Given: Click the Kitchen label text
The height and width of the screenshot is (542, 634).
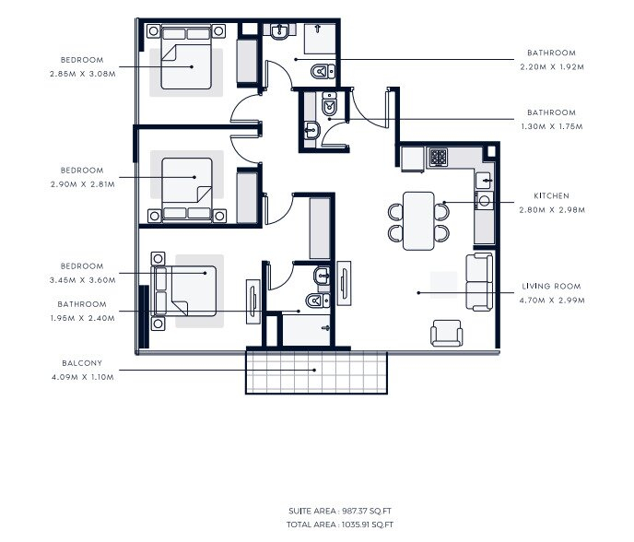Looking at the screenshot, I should click(x=551, y=196).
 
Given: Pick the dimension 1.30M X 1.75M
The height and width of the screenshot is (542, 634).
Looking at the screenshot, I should click(x=551, y=125).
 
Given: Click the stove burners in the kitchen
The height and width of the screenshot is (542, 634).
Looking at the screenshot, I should click(x=438, y=156).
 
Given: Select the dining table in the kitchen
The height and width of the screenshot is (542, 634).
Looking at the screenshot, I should click(x=418, y=219).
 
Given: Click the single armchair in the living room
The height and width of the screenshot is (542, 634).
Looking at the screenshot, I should click(x=447, y=333).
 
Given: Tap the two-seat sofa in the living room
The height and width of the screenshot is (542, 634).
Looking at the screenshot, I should click(x=478, y=282).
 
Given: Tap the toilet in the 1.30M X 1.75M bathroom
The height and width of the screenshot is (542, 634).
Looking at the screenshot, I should click(x=329, y=109).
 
